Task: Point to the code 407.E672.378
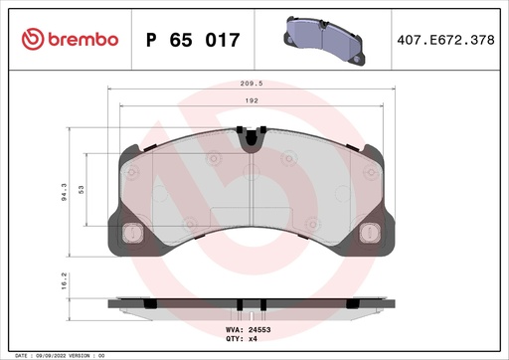[444, 40]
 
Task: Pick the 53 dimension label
[83, 188]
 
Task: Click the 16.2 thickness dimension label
[65, 283]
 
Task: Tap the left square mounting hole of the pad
[129, 236]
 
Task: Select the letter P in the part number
[152, 40]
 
